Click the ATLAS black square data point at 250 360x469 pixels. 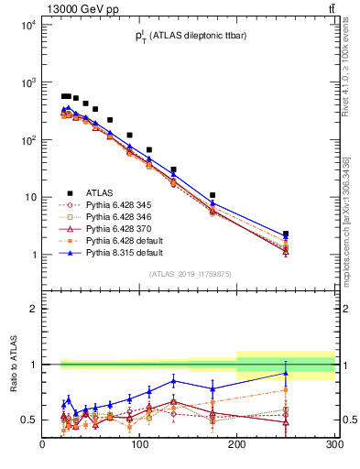[286, 234]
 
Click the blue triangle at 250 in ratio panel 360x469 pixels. [286, 373]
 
